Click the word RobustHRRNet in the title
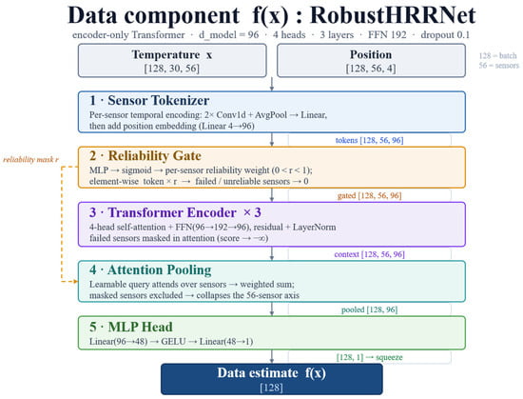[x=393, y=15]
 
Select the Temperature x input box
[x=172, y=60]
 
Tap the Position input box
[x=371, y=60]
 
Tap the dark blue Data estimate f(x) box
[x=272, y=379]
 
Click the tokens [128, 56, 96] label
[x=369, y=140]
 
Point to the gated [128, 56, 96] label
[x=369, y=195]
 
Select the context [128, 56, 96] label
[x=369, y=254]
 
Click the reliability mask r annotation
[x=30, y=160]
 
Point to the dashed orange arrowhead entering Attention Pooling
[x=75, y=282]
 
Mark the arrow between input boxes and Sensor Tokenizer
[x=272, y=84]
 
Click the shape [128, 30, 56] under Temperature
[x=172, y=69]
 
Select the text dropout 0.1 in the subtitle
[x=445, y=34]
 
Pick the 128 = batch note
[x=497, y=56]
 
